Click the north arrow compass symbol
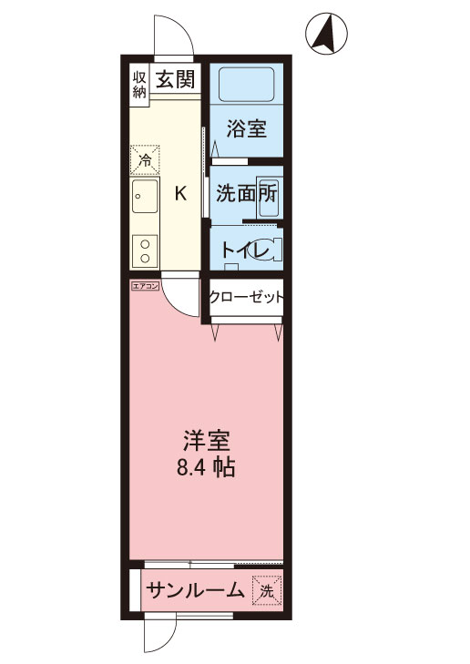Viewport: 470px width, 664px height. [325, 34]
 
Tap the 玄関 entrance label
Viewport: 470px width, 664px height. [173, 79]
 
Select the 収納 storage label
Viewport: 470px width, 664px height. [140, 84]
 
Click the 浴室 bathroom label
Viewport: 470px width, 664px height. [245, 128]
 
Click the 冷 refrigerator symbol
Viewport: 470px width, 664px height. [144, 159]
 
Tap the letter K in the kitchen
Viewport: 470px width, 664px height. [180, 193]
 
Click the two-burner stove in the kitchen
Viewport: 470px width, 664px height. [144, 248]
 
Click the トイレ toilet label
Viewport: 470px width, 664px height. [239, 249]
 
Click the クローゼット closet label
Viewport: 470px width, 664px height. [247, 297]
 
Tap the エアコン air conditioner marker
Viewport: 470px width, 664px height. [145, 286]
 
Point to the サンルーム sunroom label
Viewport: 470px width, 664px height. [195, 590]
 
